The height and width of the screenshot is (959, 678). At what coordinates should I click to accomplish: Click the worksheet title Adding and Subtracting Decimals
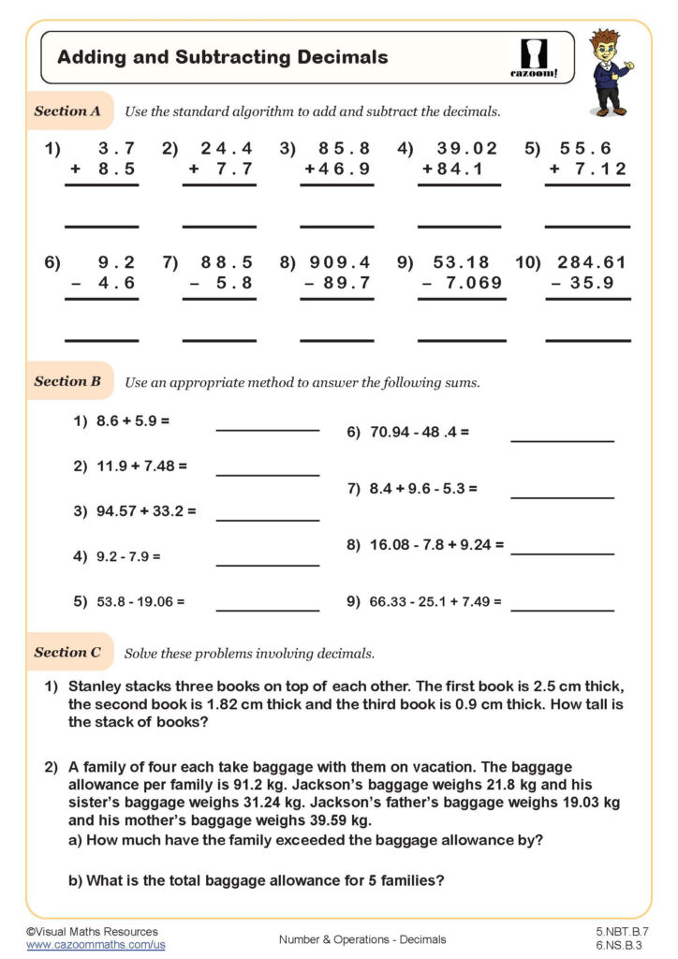tap(222, 57)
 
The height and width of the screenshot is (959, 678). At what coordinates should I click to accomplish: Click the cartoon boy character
tap(610, 72)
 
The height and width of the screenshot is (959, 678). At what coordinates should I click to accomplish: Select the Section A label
tap(67, 111)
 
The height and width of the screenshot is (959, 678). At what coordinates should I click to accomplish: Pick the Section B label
tap(67, 381)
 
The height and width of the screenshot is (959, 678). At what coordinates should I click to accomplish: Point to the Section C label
tap(67, 652)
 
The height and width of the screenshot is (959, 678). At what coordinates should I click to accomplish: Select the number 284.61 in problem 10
tap(591, 262)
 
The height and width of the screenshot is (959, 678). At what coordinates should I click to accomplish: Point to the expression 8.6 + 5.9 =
tap(132, 421)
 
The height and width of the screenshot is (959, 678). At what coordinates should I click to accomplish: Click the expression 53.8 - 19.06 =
tap(140, 601)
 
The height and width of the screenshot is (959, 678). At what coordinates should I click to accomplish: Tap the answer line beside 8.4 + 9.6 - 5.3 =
tap(562, 496)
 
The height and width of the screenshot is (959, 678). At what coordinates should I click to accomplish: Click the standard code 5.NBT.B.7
tap(622, 933)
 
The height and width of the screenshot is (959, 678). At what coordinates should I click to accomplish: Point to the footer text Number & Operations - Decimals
tap(362, 939)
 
